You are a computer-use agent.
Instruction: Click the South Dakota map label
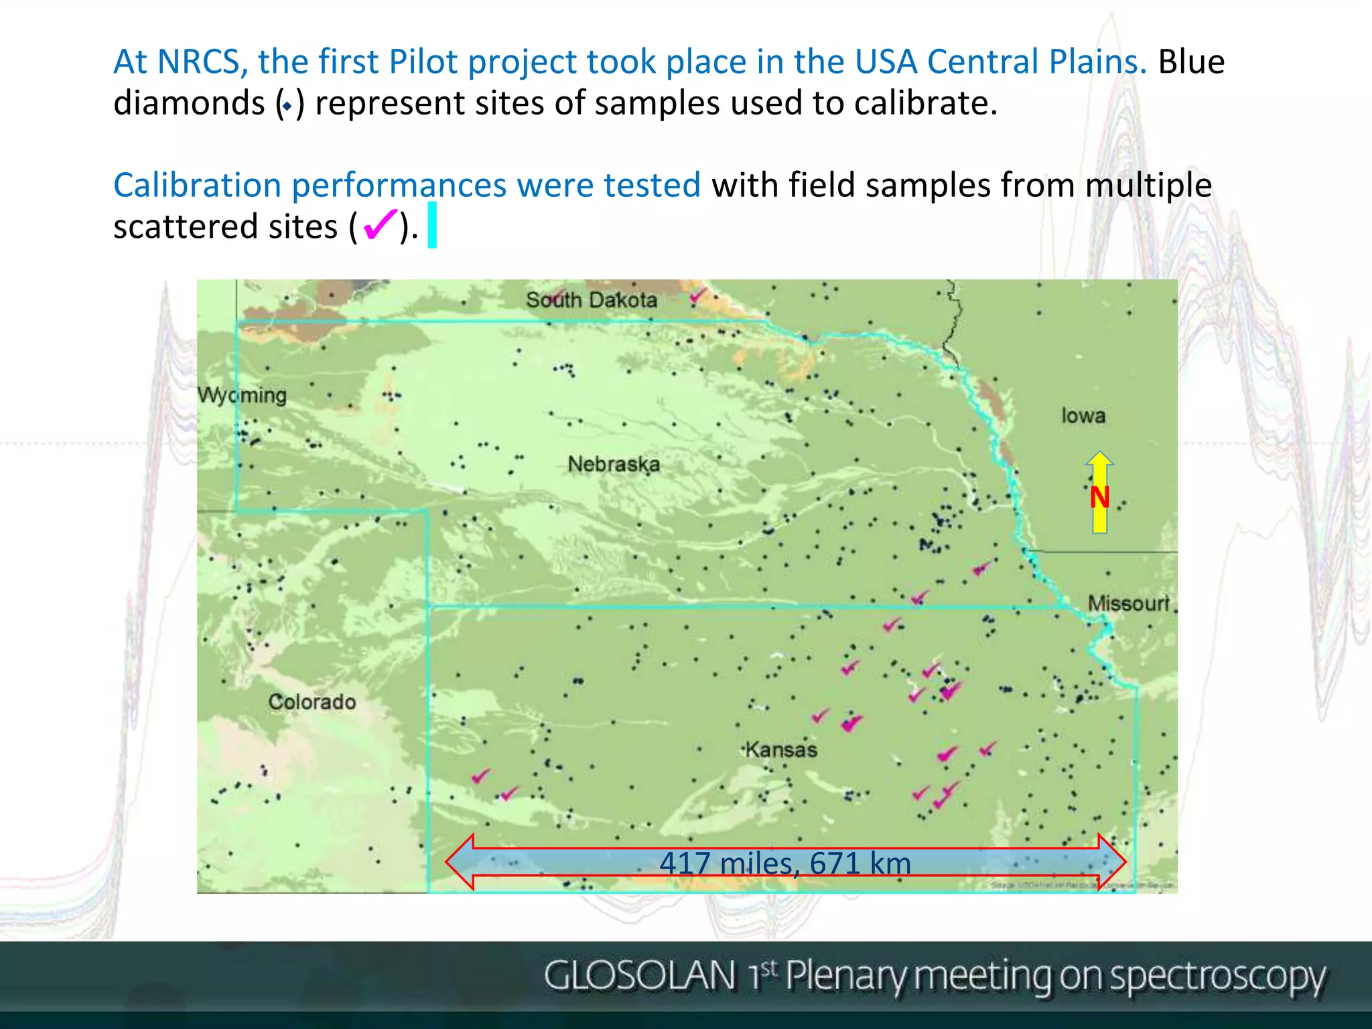coord(591,299)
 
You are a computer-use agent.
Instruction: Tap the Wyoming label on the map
coord(242,395)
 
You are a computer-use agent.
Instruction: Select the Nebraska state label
coord(614,464)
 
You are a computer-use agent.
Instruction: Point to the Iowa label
coord(1083,415)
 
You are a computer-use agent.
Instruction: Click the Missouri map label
coord(1128,603)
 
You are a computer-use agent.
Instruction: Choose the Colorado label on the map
coord(312,701)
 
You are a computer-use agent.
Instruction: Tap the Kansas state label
coord(782,749)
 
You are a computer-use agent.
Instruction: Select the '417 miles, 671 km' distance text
coord(785,863)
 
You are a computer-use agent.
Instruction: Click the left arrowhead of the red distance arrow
coord(461,862)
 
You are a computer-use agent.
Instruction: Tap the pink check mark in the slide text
coord(379,224)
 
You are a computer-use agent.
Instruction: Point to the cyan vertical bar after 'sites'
coord(432,225)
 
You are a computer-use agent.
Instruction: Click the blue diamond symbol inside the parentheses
coord(287,106)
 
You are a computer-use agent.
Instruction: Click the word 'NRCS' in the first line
coord(199,62)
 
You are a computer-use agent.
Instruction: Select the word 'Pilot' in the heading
coord(424,62)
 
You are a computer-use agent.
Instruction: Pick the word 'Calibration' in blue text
coord(197,185)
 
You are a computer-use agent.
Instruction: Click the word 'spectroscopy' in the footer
coord(1217,977)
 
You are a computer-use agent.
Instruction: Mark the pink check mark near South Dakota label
coord(697,295)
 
